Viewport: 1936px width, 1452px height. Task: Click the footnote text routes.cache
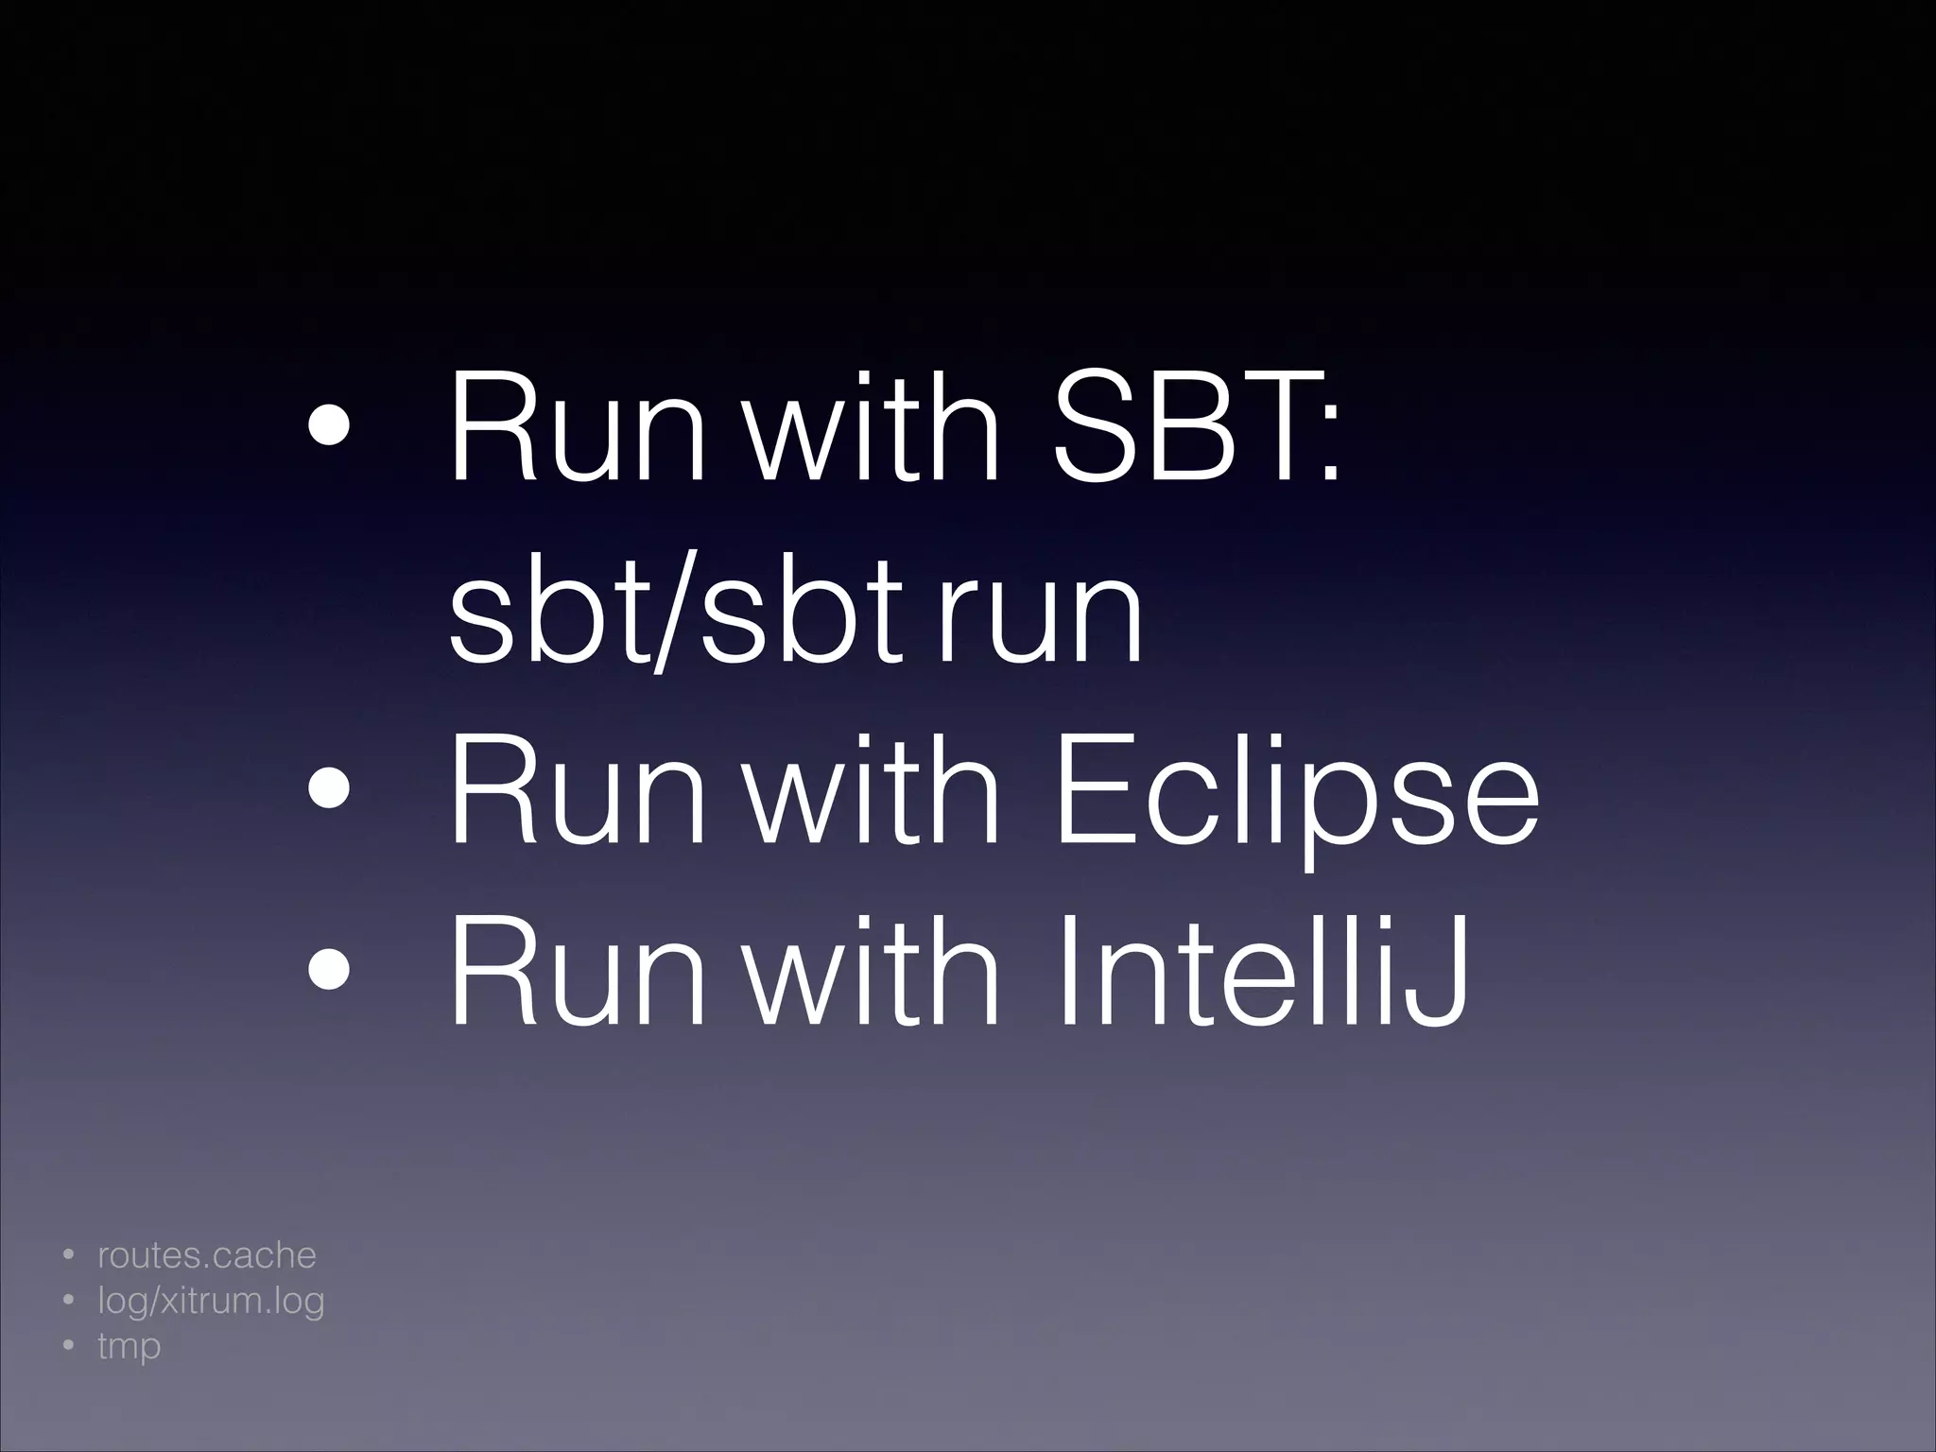coord(207,1256)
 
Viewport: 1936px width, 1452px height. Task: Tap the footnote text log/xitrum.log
coord(211,1303)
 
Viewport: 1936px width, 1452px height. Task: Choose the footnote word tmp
coord(130,1346)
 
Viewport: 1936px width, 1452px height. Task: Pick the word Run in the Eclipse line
coord(578,792)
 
